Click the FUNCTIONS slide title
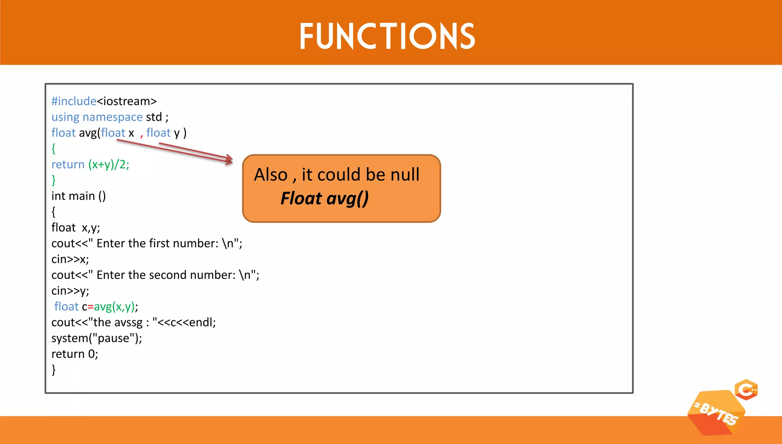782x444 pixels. [x=387, y=36]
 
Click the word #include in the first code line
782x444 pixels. [x=74, y=101]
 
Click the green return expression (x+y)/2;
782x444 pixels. [x=109, y=165]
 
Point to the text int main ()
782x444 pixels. [x=79, y=196]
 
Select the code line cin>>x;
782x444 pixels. [x=70, y=259]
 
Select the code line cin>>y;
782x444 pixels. [x=70, y=291]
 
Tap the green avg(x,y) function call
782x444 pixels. [x=114, y=307]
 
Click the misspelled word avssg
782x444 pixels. [x=128, y=323]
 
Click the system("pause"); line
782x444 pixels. [x=97, y=338]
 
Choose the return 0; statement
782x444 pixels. [x=75, y=354]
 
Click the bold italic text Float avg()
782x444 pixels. [x=325, y=199]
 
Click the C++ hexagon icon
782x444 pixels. [x=746, y=390]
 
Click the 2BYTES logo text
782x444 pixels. [x=716, y=413]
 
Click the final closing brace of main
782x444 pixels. [x=53, y=370]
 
